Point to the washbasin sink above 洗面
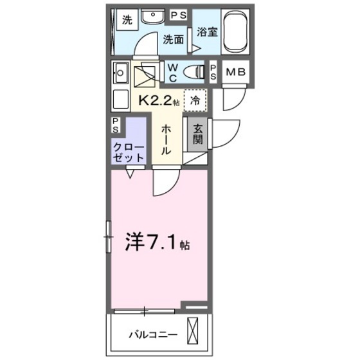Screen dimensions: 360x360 coord(153,18)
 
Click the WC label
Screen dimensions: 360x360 coord(174,72)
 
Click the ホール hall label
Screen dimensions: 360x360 coord(165,139)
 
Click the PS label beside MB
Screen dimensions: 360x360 coord(214,72)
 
